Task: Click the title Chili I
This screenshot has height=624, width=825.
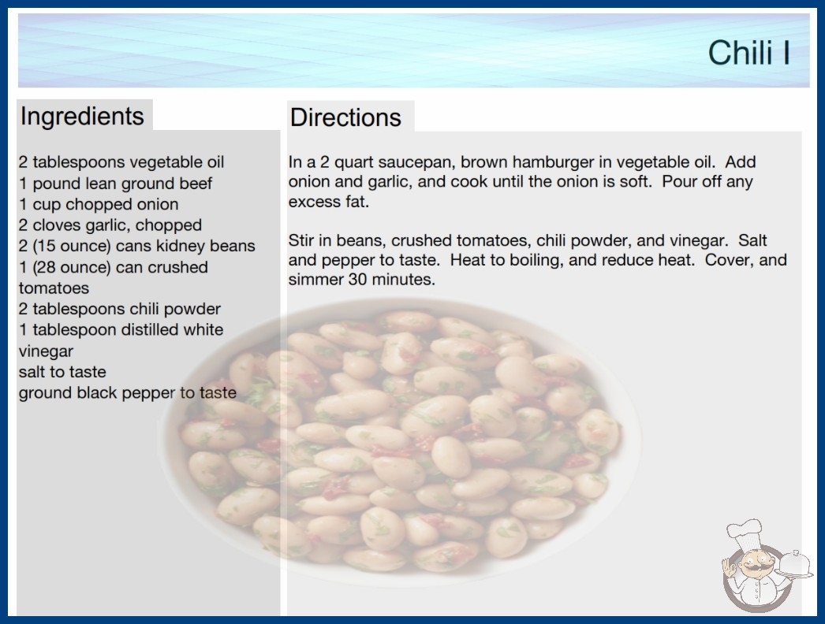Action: tap(748, 53)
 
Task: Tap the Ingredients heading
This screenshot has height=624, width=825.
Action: tap(82, 117)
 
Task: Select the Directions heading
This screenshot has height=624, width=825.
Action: tap(345, 117)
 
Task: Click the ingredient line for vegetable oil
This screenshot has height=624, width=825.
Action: tap(121, 162)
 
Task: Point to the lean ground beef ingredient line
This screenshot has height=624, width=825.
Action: tap(115, 184)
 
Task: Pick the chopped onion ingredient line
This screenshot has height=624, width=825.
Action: tap(99, 204)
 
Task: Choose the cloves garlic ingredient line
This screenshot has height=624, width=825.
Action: tap(110, 225)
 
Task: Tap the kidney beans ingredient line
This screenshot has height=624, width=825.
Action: tap(136, 246)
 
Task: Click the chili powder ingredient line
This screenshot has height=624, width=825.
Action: tap(119, 309)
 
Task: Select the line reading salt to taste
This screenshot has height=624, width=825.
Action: tap(62, 372)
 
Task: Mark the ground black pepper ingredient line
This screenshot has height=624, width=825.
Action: tap(127, 392)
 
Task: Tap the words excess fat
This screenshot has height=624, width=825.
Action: tap(329, 202)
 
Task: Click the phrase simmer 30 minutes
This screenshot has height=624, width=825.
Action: tap(362, 279)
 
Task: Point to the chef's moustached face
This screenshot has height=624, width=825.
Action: tap(756, 563)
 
